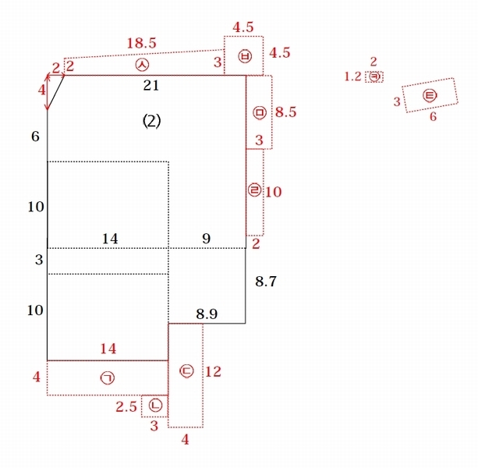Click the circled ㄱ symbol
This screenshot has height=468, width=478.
point(108,378)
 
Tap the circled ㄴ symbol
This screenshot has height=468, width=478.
point(155,405)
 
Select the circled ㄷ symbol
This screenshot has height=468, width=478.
point(186,371)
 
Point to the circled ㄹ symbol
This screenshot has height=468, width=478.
point(254,190)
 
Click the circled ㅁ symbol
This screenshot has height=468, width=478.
point(260,112)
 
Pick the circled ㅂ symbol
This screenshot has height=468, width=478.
point(245,56)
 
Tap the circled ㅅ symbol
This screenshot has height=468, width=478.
point(143,65)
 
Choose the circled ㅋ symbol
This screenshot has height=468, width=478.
point(374,77)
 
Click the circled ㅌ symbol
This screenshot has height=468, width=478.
point(430,96)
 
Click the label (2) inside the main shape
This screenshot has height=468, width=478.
point(152,121)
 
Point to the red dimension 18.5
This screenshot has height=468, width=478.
point(141,44)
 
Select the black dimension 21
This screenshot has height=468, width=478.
point(151,85)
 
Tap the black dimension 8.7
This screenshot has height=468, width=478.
point(266,281)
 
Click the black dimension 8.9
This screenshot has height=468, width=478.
point(207,314)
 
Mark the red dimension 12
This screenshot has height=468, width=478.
point(213,371)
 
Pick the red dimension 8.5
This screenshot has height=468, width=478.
point(285,112)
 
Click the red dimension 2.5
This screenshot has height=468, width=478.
point(126,406)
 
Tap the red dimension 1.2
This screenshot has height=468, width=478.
point(352,76)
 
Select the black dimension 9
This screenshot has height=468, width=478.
point(207,239)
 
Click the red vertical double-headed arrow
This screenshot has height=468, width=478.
point(48,92)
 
